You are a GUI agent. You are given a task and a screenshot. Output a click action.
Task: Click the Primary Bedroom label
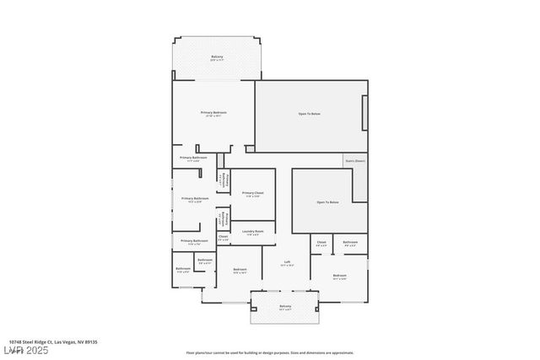point(213,112)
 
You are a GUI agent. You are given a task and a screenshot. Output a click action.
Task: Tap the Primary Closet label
point(253,193)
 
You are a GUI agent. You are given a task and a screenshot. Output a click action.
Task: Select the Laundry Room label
point(253,231)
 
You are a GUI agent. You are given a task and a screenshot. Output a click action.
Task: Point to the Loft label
point(287,262)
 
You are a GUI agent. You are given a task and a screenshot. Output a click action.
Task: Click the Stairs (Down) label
point(354,160)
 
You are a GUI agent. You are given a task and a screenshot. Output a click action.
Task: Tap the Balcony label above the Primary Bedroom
point(217,56)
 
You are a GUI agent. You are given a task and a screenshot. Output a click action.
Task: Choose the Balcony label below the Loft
point(285,306)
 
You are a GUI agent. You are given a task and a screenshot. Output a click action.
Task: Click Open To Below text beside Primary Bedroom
point(309,113)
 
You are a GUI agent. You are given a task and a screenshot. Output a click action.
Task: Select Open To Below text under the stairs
point(327,202)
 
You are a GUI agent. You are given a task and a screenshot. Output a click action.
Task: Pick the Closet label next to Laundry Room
point(223,237)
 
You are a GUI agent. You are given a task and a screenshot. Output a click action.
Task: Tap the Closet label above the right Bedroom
point(321,242)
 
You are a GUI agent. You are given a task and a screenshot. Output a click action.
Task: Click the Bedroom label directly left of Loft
point(240,269)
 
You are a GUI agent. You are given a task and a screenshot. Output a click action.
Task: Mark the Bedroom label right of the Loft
point(339,276)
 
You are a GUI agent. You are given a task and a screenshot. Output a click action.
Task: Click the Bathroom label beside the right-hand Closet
point(350,242)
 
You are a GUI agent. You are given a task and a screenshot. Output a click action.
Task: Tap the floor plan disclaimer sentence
point(269,352)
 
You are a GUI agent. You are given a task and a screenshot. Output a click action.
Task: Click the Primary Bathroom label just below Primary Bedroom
point(193,157)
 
